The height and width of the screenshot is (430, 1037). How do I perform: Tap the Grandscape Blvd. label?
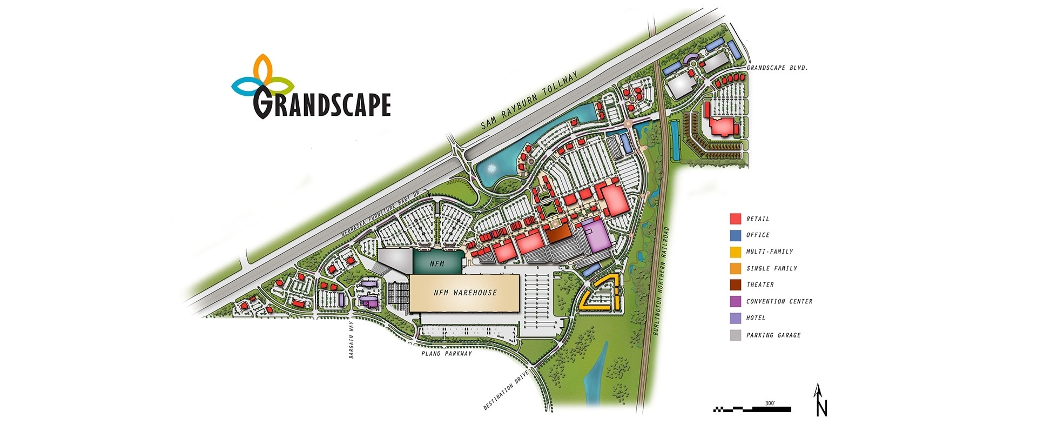click(x=777, y=68)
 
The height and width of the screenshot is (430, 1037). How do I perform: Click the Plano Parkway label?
click(x=446, y=354)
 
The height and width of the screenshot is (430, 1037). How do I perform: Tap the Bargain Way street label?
click(x=351, y=340)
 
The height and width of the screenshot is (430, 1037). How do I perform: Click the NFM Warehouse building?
click(x=464, y=293)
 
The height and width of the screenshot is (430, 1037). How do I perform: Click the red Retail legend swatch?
click(x=735, y=219)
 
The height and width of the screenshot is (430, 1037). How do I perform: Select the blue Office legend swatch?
click(x=735, y=235)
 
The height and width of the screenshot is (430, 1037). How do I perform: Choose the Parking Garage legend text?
click(x=773, y=335)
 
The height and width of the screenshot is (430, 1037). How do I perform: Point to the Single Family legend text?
click(x=771, y=268)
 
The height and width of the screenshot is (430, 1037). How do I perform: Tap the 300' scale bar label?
click(x=770, y=403)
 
